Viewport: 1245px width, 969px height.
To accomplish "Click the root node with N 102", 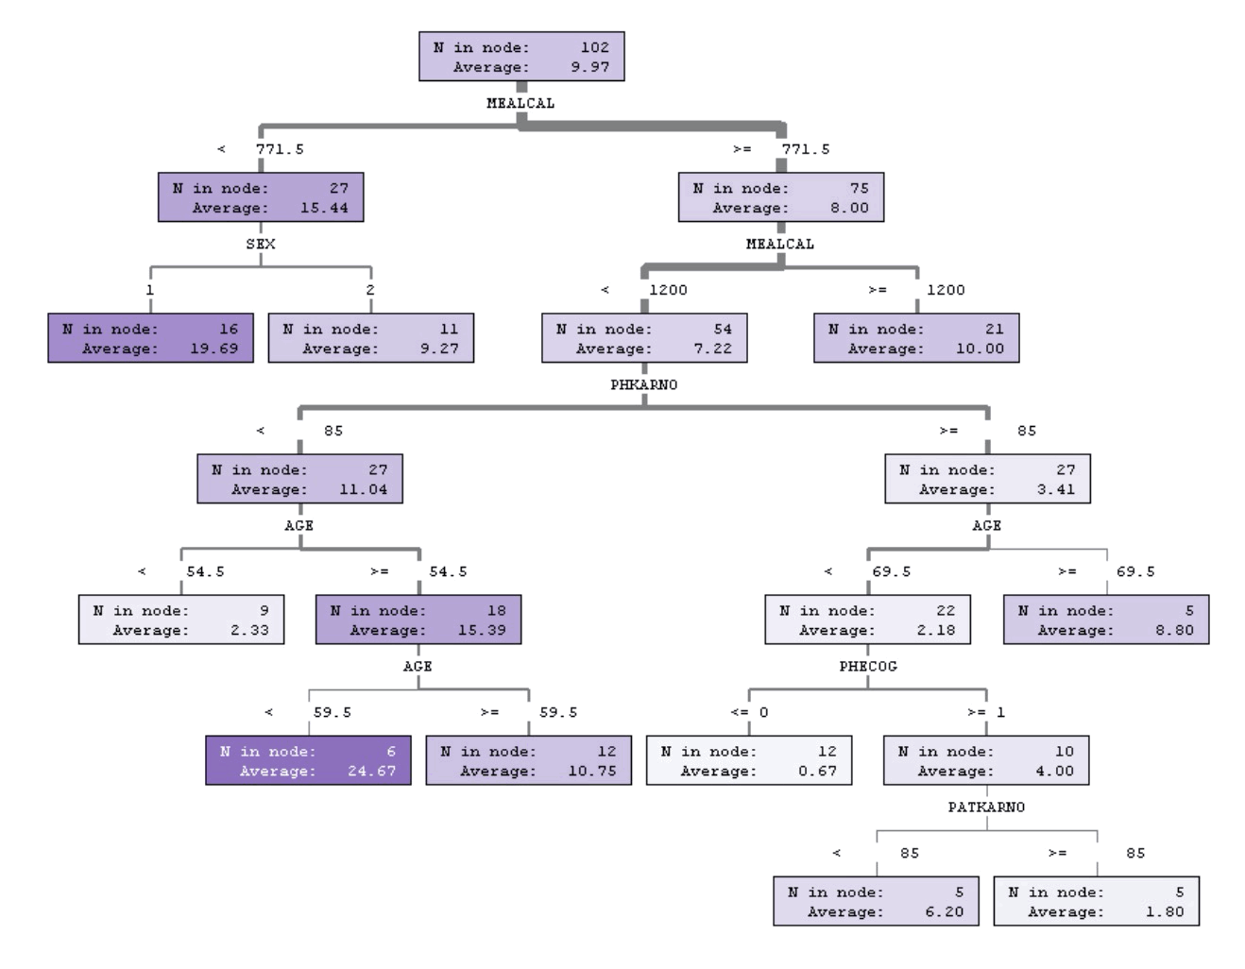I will tap(521, 57).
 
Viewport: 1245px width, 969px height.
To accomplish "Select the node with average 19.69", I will tap(150, 338).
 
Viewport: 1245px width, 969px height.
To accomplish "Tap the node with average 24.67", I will tap(308, 760).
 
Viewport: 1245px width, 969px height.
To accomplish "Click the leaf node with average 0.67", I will tap(748, 760).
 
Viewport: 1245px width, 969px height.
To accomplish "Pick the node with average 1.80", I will tap(1096, 901).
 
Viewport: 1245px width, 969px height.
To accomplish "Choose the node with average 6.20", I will tap(876, 901).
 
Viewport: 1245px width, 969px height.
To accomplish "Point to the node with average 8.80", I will tap(1105, 620).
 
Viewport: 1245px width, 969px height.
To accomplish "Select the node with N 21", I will tap(916, 338).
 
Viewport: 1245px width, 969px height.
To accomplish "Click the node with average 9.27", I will tap(370, 338).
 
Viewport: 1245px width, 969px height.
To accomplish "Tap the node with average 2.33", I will tap(181, 620).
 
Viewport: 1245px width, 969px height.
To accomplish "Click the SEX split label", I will tap(261, 244).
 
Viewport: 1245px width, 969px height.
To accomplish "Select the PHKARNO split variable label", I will tap(643, 384).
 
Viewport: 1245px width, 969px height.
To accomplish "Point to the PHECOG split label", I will tap(867, 666).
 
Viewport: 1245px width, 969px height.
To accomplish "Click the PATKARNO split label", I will tap(986, 807).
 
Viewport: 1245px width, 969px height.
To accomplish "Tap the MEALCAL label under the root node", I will tap(520, 103).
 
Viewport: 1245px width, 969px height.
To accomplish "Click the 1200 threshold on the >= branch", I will tap(946, 290).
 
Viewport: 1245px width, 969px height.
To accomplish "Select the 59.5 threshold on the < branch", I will tap(332, 712).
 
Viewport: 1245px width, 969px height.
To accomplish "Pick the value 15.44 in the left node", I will tap(324, 208).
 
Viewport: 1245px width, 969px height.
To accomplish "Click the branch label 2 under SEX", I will tap(370, 290).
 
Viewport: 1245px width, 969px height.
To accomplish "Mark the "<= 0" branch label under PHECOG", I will tap(749, 712).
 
